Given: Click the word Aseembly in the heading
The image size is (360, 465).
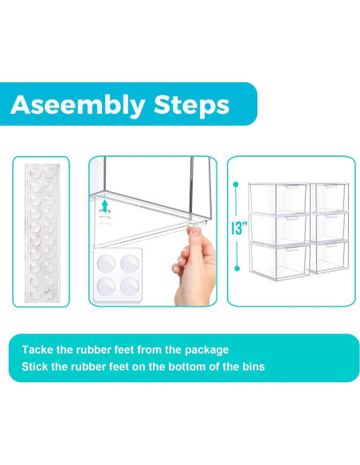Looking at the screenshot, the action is (78, 105).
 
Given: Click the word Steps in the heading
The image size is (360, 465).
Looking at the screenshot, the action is (192, 105).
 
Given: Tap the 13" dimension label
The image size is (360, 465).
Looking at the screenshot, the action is (239, 228).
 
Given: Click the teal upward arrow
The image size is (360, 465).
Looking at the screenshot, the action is (104, 205).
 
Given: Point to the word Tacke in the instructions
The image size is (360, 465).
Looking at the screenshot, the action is (37, 350).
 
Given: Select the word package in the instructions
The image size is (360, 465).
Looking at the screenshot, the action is (207, 350).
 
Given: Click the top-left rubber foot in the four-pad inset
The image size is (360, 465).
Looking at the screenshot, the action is (107, 264).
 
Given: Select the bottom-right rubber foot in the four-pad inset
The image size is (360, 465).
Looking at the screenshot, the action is (130, 287).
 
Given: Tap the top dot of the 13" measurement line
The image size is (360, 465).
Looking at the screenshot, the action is (236, 185).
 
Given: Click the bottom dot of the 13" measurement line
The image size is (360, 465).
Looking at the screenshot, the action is (237, 268).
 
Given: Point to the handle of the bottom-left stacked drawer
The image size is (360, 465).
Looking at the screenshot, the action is (292, 250).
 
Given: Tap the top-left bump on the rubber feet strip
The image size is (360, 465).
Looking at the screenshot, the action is (35, 173).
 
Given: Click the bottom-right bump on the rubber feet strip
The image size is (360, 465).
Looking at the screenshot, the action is (49, 294).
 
